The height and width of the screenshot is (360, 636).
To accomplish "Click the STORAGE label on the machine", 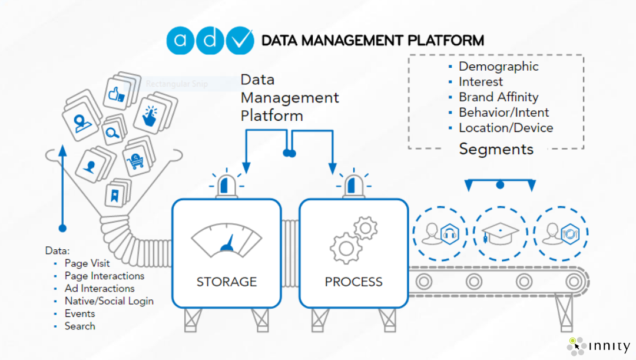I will pos(226,282).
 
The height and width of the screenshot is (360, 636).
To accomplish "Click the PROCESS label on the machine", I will pos(353,282).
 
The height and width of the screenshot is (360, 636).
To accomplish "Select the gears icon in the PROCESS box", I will pos(353,239).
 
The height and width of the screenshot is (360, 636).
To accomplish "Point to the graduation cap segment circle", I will pos(500,233).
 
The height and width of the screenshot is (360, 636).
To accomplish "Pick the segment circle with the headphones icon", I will pos(439,233).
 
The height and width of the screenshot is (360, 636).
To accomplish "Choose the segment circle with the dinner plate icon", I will pos(561,233).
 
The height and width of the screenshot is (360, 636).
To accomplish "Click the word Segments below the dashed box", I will pos(496,149).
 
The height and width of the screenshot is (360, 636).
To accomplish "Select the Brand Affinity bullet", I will pos(498,97).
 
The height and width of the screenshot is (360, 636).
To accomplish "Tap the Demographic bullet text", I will pos(498,67).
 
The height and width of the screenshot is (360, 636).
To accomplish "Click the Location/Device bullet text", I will pos(506,128).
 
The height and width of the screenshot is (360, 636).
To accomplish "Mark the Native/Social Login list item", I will pos(109,301).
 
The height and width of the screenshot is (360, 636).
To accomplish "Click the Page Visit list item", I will pos(87,263).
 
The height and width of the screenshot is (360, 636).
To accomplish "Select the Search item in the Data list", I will pos(79,326).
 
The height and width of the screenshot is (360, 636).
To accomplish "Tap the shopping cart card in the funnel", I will pos(137,160).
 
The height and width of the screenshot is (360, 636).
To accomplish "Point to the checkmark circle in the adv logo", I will pos(240,41).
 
